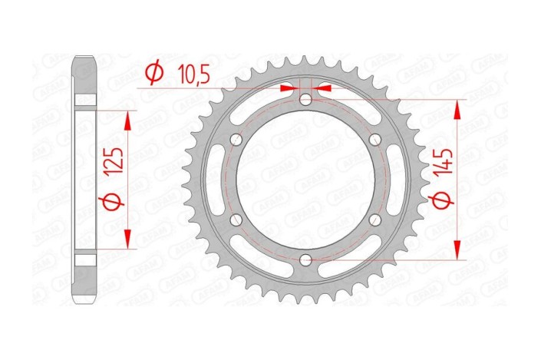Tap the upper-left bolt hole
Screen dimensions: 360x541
(236, 140)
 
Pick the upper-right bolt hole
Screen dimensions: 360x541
(376, 140)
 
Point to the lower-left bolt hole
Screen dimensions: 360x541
(236, 220)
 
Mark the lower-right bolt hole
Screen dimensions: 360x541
(376, 220)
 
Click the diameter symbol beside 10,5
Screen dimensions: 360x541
(153, 73)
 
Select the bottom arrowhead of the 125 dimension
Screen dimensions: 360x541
(127, 239)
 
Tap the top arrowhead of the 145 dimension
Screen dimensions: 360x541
(459, 108)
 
